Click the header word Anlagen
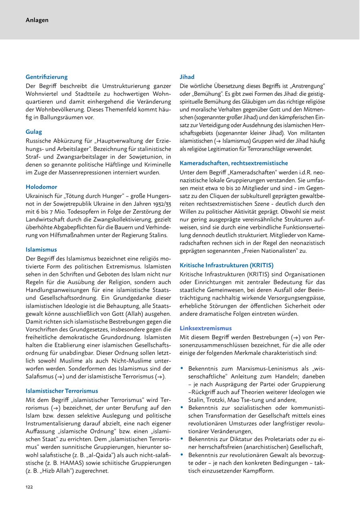coord(37,20)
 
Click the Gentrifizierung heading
coord(47,77)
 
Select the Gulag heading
coord(34,132)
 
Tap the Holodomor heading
coord(42,187)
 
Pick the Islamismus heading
coord(42,249)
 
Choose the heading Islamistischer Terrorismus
coord(62,391)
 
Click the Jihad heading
coord(187,77)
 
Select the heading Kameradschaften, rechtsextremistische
coord(234,163)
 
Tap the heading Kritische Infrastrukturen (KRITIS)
coord(227,265)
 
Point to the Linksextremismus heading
coord(206,328)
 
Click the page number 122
coord(29,487)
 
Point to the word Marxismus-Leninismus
coord(261,368)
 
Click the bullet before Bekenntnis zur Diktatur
coord(182,439)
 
